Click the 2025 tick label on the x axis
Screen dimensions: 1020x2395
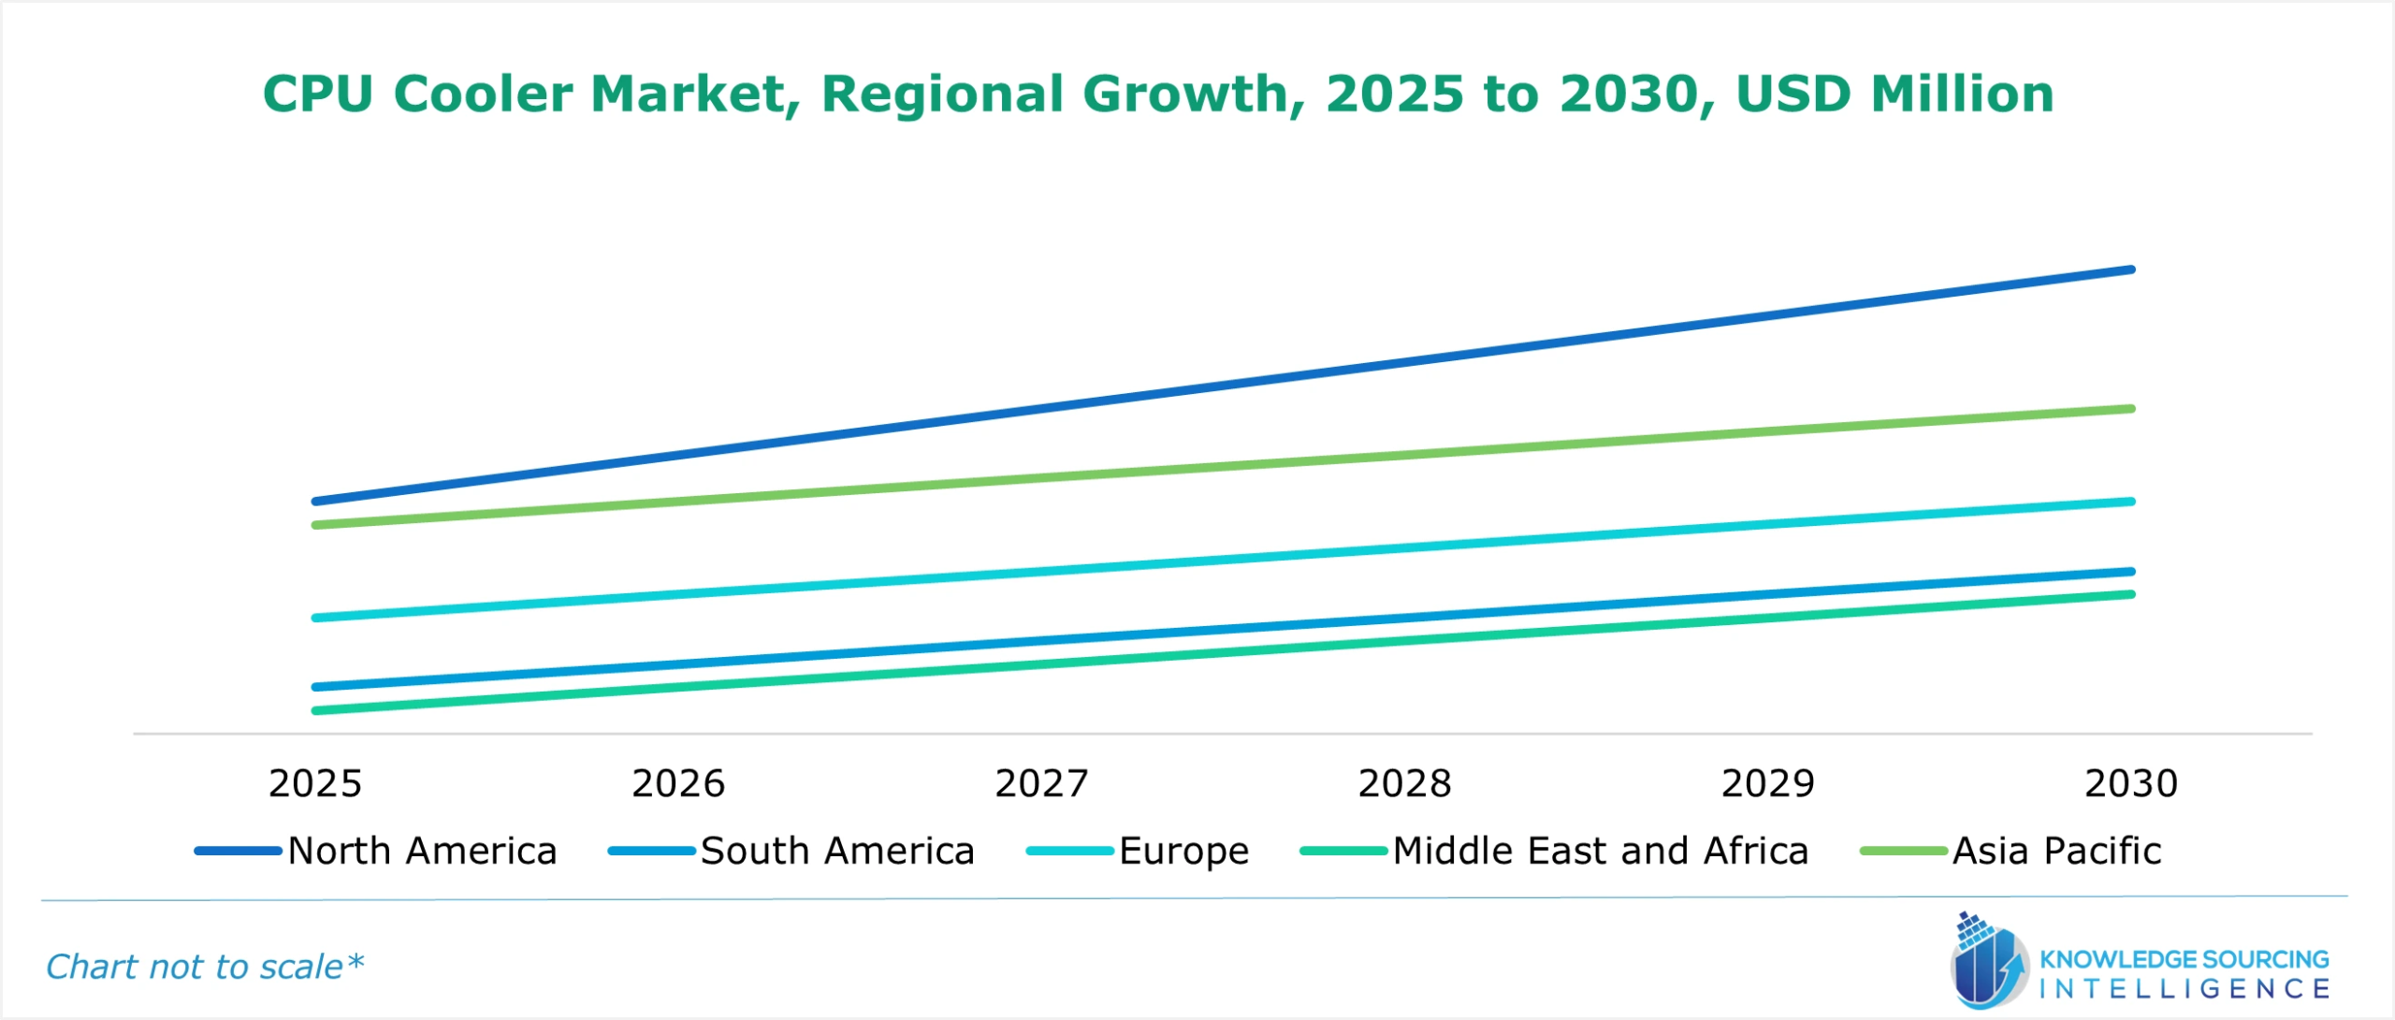[314, 783]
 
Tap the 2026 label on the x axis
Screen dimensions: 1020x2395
[678, 783]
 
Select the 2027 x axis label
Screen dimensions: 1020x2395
[1041, 783]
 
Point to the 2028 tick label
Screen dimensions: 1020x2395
[1404, 783]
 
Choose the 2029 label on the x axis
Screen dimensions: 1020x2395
[1767, 783]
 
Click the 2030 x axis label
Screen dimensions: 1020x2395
[2130, 783]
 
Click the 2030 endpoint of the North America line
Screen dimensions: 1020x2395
[2130, 270]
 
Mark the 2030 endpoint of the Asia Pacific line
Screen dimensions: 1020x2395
[2130, 409]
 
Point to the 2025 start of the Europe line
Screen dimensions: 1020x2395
[316, 618]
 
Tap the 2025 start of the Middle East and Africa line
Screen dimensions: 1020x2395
[316, 710]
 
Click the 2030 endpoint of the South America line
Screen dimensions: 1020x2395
[2130, 571]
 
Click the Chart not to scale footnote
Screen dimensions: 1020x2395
[204, 966]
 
